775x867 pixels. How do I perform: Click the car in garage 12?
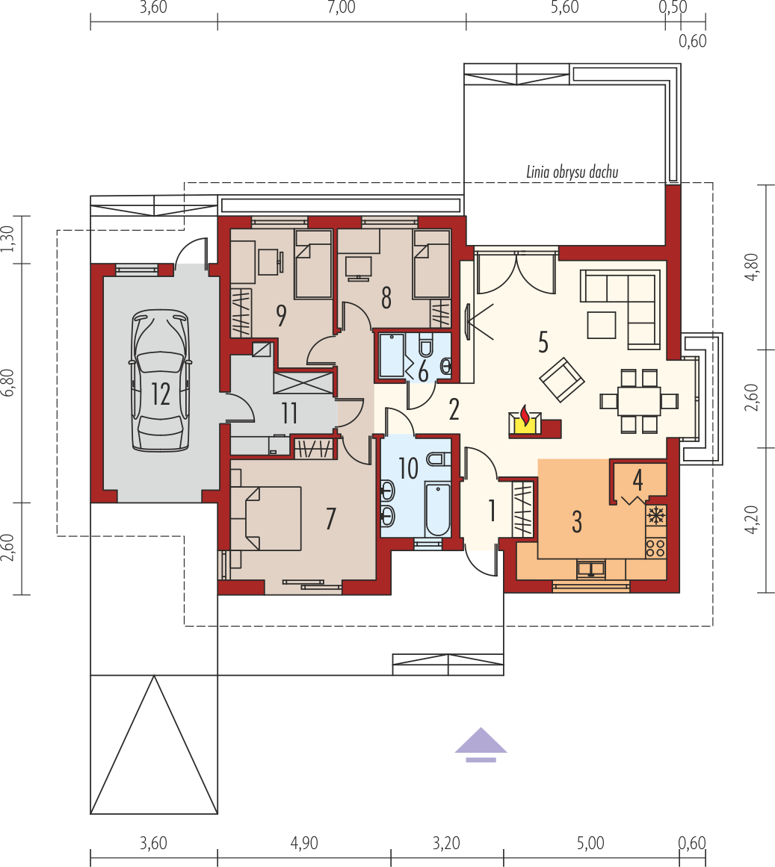(x=161, y=380)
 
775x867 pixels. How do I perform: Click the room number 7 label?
(x=331, y=519)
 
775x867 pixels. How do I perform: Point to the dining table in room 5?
(x=639, y=401)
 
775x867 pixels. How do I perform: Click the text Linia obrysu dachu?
(x=572, y=172)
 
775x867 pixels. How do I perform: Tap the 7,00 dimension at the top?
(x=342, y=7)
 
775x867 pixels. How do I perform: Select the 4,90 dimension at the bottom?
(x=303, y=843)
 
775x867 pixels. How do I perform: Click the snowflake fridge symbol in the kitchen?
(x=656, y=515)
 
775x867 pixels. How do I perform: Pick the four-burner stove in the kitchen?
(x=656, y=547)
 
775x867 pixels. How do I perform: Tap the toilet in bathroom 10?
(x=439, y=459)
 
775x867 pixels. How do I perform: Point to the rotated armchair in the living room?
(x=562, y=380)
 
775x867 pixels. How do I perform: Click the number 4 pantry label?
(x=637, y=480)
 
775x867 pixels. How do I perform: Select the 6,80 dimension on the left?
(x=7, y=382)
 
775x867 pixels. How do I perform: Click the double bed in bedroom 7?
(x=266, y=518)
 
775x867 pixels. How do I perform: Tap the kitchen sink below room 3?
(x=591, y=569)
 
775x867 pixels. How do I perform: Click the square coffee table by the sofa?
(x=602, y=325)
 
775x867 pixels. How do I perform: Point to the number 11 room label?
(x=289, y=413)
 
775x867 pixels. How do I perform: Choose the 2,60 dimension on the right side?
(x=752, y=397)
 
